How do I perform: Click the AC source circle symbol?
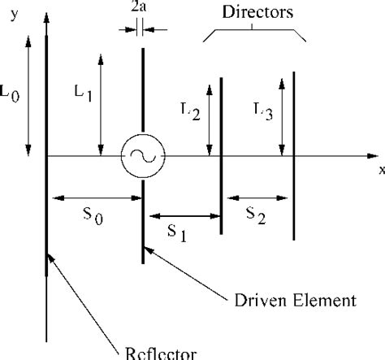point(143,155)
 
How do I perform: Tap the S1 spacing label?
point(167,233)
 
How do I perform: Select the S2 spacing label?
point(257,215)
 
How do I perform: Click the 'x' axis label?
point(379,170)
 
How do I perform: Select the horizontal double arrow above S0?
point(96,197)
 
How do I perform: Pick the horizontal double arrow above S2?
point(258,197)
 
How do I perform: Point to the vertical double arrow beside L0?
point(28,93)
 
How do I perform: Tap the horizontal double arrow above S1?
point(183,215)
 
